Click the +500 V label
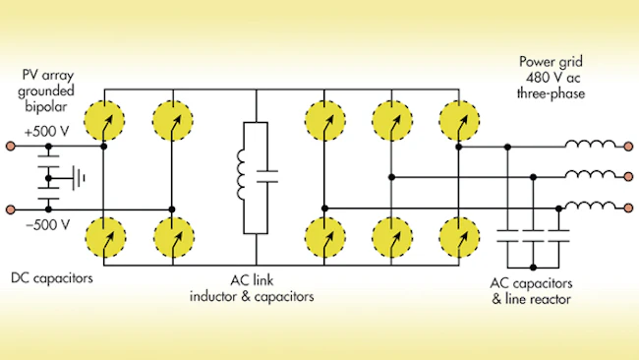click(46, 132)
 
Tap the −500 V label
click(48, 224)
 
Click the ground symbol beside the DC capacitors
click(79, 178)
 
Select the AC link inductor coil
click(241, 175)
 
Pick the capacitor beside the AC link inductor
click(267, 176)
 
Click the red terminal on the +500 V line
click(11, 146)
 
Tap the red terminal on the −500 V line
click(11, 210)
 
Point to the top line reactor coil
click(590, 144)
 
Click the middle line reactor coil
click(590, 174)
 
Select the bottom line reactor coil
click(590, 205)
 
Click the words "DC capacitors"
click(52, 278)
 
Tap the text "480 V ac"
click(553, 78)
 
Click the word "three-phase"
click(551, 93)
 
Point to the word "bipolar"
click(45, 107)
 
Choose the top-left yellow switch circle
click(104, 121)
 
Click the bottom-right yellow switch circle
click(459, 237)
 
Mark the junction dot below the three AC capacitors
click(533, 268)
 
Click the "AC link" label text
click(252, 280)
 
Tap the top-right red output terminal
click(629, 146)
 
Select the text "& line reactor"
click(531, 299)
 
